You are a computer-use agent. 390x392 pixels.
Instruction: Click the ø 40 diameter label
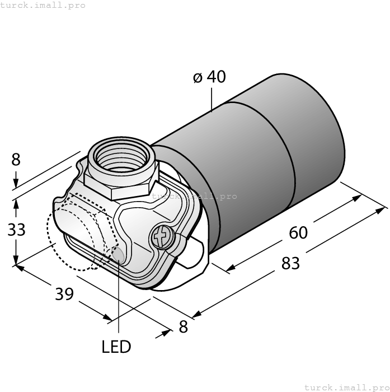209,77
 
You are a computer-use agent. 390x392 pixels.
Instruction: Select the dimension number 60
298,232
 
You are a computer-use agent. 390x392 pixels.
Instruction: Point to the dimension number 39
65,293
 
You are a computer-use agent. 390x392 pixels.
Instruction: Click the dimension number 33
17,229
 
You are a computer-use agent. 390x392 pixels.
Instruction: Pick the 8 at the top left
16,160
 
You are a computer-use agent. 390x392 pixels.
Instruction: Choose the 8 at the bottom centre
184,327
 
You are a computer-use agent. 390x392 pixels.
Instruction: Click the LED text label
116,347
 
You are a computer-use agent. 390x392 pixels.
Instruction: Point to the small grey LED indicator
118,255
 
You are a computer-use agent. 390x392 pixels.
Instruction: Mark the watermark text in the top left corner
43,5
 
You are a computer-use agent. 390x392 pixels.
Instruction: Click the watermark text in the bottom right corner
346,386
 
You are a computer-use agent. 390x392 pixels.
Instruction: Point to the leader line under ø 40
212,99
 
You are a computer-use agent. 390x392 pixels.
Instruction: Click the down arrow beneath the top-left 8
16,184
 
